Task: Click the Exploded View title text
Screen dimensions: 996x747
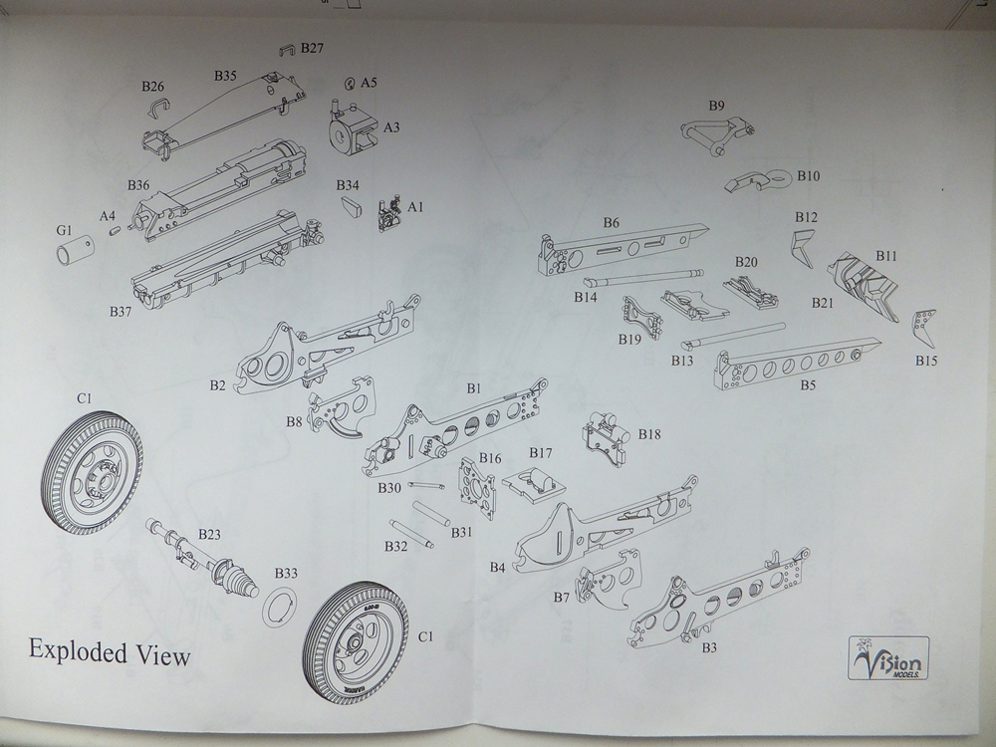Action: (109, 653)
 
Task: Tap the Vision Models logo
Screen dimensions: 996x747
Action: (889, 658)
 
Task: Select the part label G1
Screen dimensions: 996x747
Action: (65, 231)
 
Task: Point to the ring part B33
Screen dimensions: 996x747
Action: (281, 606)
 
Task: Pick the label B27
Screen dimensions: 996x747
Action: (312, 48)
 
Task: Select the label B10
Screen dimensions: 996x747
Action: (808, 176)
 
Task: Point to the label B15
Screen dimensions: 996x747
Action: (927, 361)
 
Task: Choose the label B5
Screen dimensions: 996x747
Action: (808, 385)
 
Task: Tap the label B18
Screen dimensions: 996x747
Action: (649, 435)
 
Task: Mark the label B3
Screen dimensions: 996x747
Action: (710, 647)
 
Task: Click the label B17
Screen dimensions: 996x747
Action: (540, 453)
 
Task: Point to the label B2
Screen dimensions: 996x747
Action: (218, 384)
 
